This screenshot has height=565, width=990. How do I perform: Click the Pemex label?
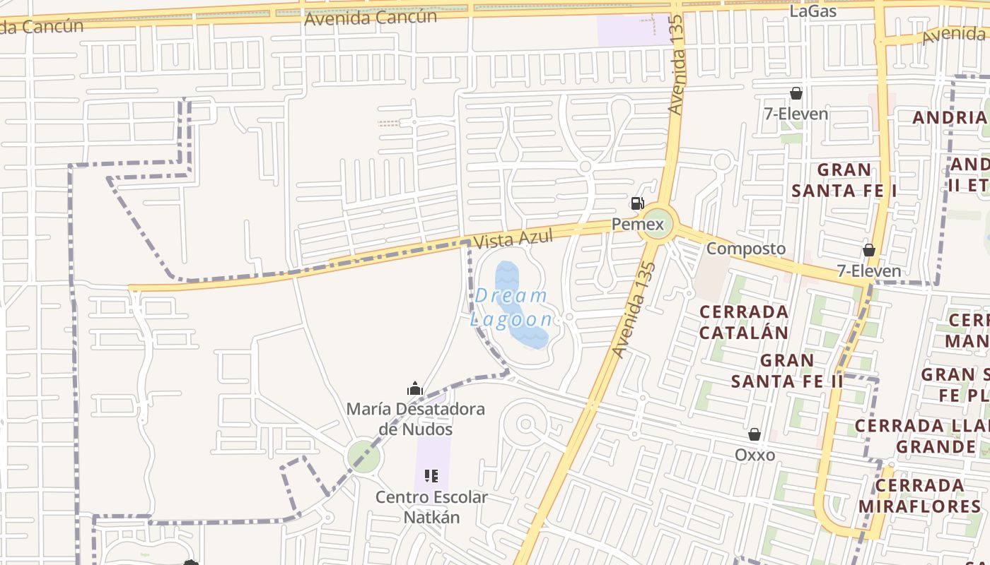pyautogui.click(x=639, y=225)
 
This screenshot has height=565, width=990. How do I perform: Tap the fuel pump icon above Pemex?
pyautogui.click(x=637, y=204)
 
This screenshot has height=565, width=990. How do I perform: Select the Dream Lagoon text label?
pyautogui.click(x=511, y=307)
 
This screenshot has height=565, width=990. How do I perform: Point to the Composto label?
pyautogui.click(x=746, y=249)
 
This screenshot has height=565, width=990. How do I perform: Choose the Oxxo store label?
pyautogui.click(x=755, y=455)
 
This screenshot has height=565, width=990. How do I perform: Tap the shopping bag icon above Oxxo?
pyautogui.click(x=755, y=434)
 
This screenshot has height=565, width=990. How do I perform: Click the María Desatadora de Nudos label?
pyautogui.click(x=415, y=419)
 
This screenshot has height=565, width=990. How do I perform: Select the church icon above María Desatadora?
pyautogui.click(x=415, y=388)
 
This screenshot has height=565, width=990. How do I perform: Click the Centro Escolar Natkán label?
pyautogui.click(x=431, y=507)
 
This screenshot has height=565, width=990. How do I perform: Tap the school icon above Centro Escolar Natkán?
pyautogui.click(x=431, y=476)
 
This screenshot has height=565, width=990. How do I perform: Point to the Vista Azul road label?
pyautogui.click(x=513, y=239)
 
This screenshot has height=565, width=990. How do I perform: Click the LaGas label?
pyautogui.click(x=813, y=11)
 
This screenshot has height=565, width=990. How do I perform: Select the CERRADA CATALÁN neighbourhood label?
pyautogui.click(x=743, y=322)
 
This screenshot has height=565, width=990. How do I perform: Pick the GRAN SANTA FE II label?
pyautogui.click(x=787, y=371)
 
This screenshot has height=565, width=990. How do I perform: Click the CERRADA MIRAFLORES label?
pyautogui.click(x=919, y=496)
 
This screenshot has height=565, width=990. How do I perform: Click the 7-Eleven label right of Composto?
pyautogui.click(x=869, y=270)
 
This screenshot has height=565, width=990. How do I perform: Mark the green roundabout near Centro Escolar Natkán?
pyautogui.click(x=364, y=457)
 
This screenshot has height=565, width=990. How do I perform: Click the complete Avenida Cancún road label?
pyautogui.click(x=371, y=18)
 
